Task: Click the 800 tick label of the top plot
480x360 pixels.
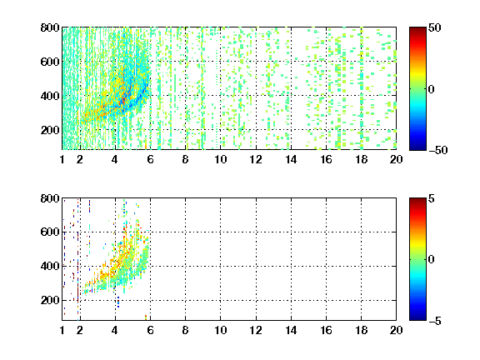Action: point(50,27)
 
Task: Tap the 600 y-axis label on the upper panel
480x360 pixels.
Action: point(50,62)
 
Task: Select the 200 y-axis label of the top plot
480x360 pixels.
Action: point(50,130)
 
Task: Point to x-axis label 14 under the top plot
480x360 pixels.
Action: point(291,159)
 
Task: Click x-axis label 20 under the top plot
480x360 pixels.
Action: point(396,159)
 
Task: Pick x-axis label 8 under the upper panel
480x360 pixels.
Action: point(185,159)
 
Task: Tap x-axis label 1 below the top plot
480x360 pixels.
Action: point(62,159)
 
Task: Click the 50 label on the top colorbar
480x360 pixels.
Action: point(435,27)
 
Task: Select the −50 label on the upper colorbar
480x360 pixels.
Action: point(438,150)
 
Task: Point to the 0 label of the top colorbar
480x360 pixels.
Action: point(432,89)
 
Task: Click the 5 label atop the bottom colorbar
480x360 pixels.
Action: point(432,198)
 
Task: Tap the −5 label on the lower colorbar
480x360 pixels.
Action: point(435,321)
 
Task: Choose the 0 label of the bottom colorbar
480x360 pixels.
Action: point(432,260)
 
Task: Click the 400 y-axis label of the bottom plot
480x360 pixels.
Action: point(50,266)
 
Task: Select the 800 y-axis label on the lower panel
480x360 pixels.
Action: point(50,198)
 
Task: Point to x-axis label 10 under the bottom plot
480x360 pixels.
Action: point(220,330)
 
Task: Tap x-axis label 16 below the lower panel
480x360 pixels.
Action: point(327,330)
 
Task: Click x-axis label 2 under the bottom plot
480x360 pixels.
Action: point(80,330)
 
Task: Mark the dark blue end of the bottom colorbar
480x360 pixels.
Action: point(417,318)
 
